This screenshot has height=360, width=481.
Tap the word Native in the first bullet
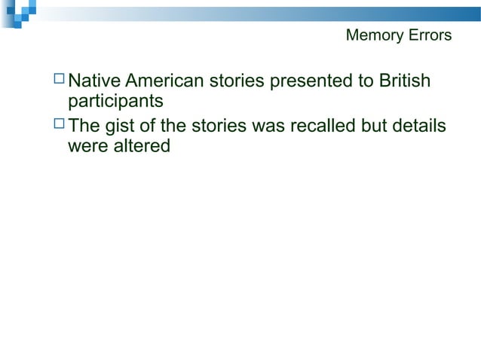(x=94, y=80)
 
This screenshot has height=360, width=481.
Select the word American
(x=163, y=80)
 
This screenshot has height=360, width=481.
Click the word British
(x=404, y=80)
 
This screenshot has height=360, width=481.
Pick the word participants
(x=115, y=99)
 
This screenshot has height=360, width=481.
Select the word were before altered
(x=87, y=145)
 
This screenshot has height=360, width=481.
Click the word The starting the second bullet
(x=84, y=126)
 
